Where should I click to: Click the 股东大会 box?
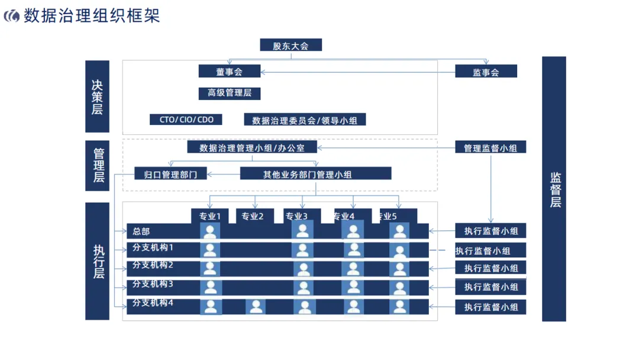pyautogui.click(x=291, y=45)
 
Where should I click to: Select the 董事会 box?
pyautogui.click(x=229, y=72)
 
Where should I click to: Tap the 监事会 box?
pyautogui.click(x=486, y=72)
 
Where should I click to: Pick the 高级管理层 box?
pyautogui.click(x=229, y=93)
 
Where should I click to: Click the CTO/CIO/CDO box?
pyautogui.click(x=186, y=120)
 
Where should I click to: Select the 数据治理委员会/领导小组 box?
pyautogui.click(x=305, y=120)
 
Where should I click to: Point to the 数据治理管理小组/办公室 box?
pyautogui.click(x=252, y=147)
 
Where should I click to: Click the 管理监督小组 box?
pyautogui.click(x=490, y=147)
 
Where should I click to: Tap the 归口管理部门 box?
pyautogui.click(x=170, y=173)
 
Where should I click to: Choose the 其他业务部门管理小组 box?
pyautogui.click(x=315, y=173)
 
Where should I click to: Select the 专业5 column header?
pyautogui.click(x=395, y=216)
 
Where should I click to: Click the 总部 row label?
pyautogui.click(x=142, y=231)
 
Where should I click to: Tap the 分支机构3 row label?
pyautogui.click(x=153, y=284)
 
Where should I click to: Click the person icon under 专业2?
pyautogui.click(x=256, y=307)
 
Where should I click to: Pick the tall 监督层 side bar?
pyautogui.click(x=554, y=189)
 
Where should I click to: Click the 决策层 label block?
pyautogui.click(x=97, y=97)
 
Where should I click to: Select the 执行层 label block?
pyautogui.click(x=97, y=261)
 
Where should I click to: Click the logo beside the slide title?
pyautogui.click(x=11, y=16)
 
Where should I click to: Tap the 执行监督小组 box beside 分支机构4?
pyautogui.click(x=490, y=307)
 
